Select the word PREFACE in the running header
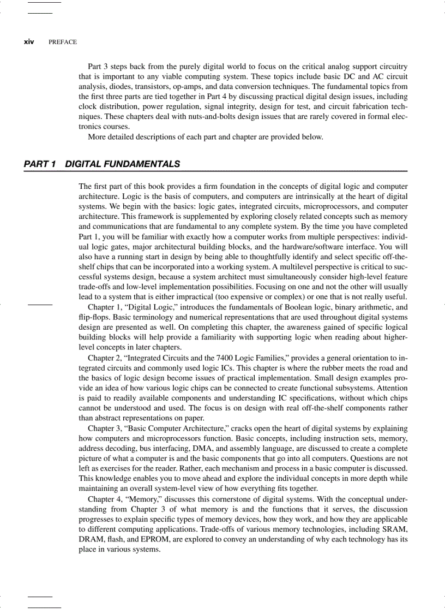63,42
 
